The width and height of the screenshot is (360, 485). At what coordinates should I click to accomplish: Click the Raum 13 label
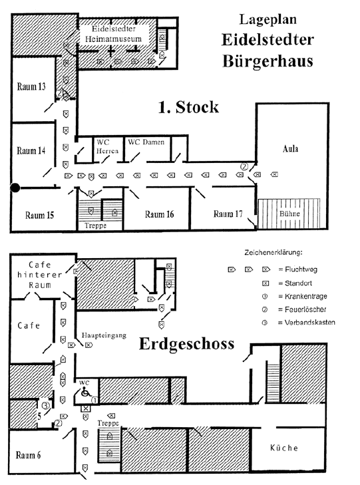pyautogui.click(x=31, y=86)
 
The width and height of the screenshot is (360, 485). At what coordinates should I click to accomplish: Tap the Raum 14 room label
pyautogui.click(x=31, y=150)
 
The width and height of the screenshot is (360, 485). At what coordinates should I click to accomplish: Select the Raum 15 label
pyautogui.click(x=39, y=215)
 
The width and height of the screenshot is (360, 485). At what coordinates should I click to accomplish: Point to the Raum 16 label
pyautogui.click(x=159, y=214)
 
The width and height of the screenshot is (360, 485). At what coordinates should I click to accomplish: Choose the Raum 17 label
pyautogui.click(x=228, y=214)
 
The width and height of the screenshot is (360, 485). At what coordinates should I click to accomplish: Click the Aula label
pyautogui.click(x=290, y=149)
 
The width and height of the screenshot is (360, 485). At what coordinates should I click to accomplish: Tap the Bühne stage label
pyautogui.click(x=289, y=214)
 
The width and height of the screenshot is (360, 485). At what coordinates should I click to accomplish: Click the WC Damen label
pyautogui.click(x=146, y=142)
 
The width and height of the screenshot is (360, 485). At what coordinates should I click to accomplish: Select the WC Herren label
pyautogui.click(x=107, y=146)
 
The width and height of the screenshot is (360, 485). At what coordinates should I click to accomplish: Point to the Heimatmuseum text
pyautogui.click(x=113, y=39)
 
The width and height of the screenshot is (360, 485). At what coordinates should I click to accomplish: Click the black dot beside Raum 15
pyautogui.click(x=15, y=188)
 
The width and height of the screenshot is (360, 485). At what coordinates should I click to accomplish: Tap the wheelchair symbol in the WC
pyautogui.click(x=85, y=393)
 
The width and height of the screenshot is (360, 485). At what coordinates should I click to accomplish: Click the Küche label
pyautogui.click(x=284, y=448)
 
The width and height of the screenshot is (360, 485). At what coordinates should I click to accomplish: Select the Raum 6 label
pyautogui.click(x=28, y=455)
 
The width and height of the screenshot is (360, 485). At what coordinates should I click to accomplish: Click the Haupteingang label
pyautogui.click(x=104, y=335)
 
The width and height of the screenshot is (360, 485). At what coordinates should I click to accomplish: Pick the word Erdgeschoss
pyautogui.click(x=186, y=344)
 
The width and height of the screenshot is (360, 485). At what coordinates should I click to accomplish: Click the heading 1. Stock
pyautogui.click(x=188, y=107)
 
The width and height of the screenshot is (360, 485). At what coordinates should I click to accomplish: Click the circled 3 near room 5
pyautogui.click(x=46, y=405)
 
